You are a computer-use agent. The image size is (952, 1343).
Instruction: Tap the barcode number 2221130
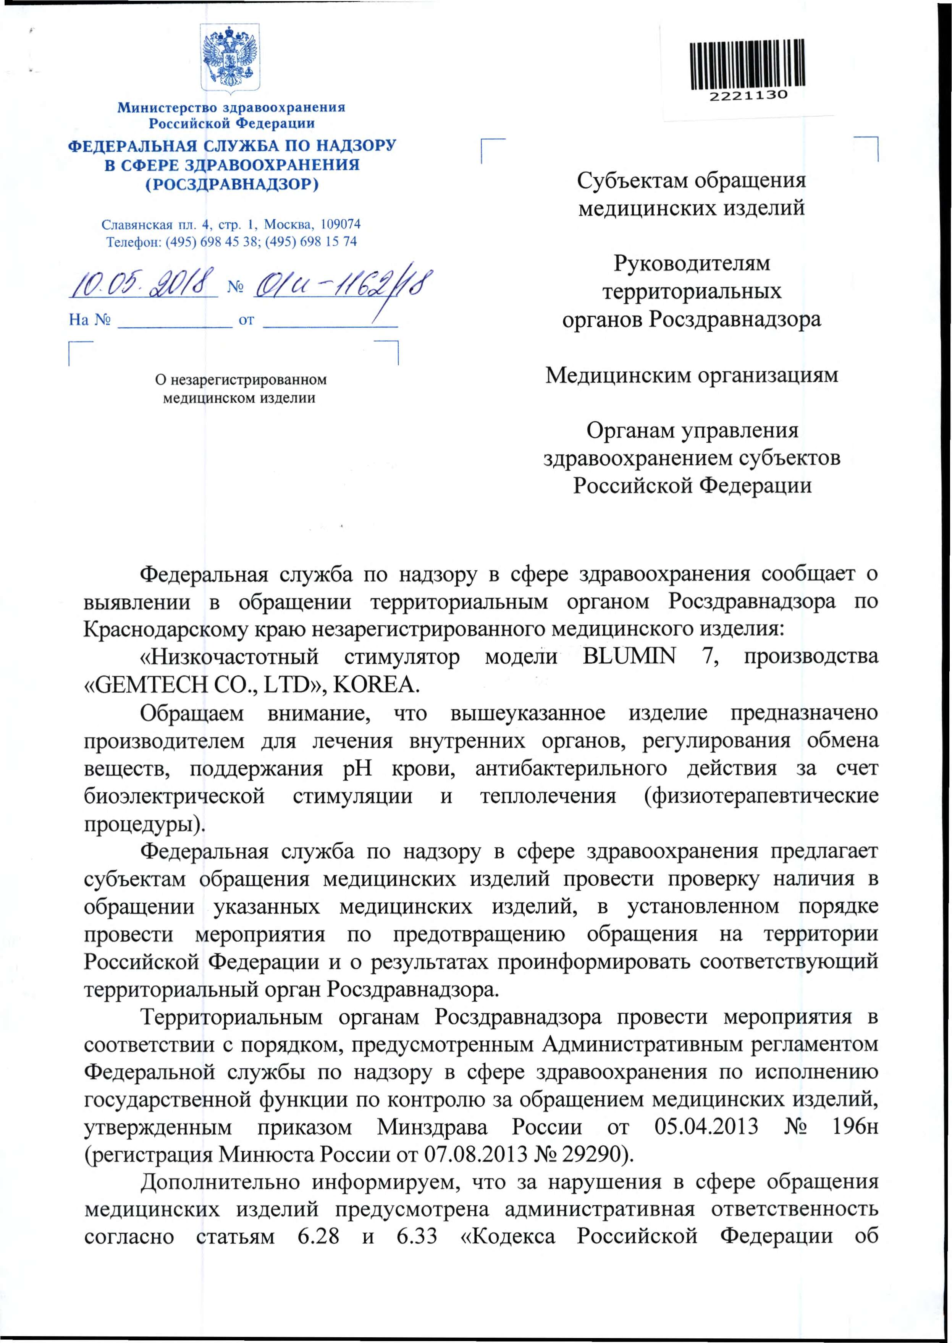tap(748, 96)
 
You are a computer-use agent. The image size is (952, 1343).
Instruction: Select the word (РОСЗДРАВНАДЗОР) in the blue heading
tap(232, 184)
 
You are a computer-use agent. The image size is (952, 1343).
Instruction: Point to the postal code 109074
tap(341, 224)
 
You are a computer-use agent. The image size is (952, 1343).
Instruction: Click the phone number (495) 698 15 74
tap(311, 241)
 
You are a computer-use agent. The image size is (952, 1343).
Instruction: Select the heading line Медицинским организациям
tap(692, 375)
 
